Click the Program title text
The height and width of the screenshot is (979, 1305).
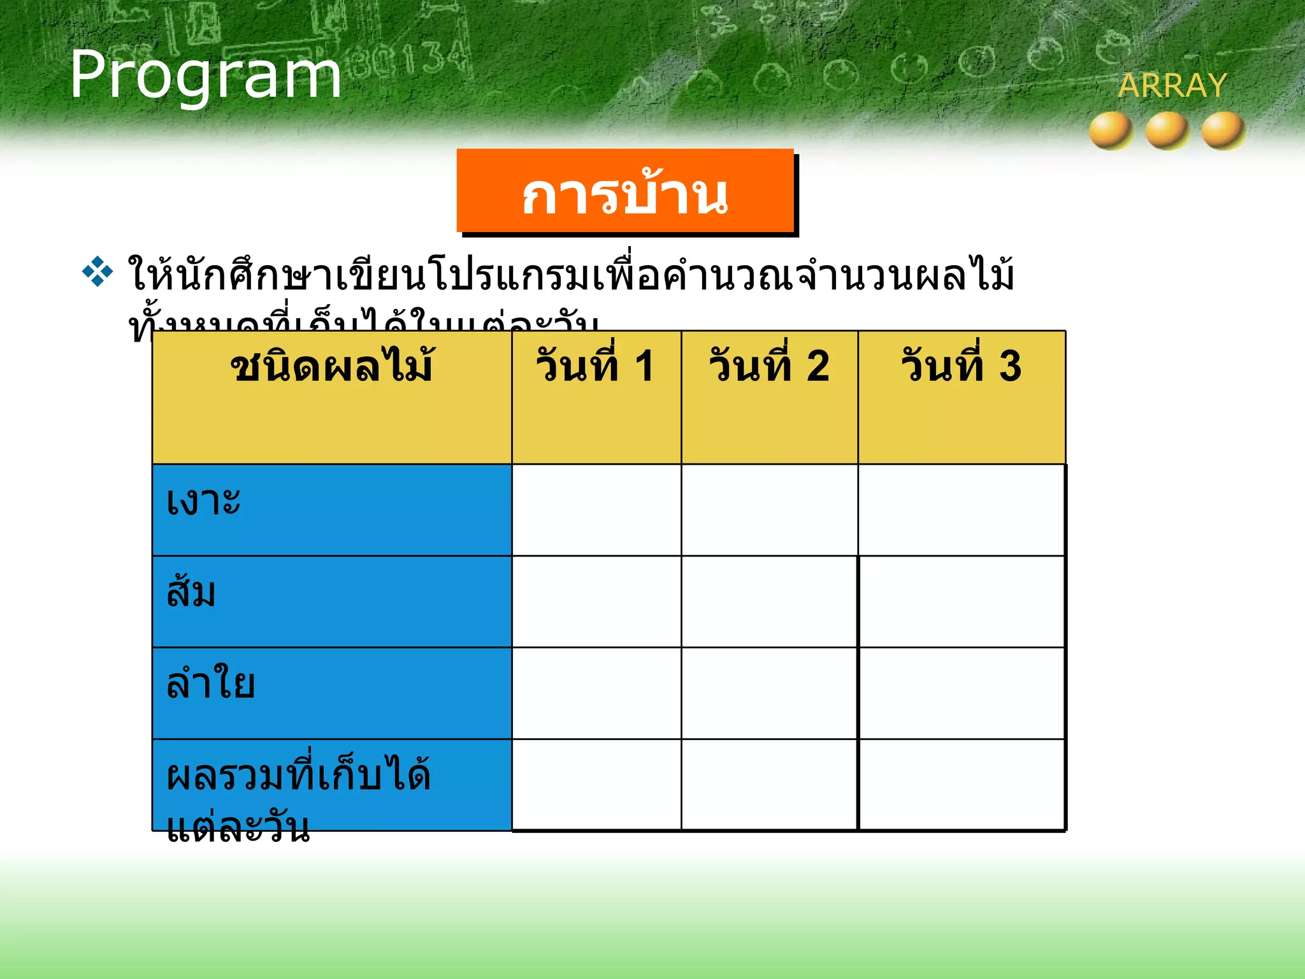tap(205, 75)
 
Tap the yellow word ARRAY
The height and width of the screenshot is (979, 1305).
tap(1172, 85)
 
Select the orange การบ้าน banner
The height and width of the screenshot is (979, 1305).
tap(625, 191)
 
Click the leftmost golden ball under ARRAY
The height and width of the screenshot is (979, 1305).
tap(1111, 130)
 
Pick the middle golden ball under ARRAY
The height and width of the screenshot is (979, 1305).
tap(1167, 130)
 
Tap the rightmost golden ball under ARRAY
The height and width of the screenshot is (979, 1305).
tap(1223, 130)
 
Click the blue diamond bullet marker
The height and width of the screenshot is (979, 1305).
tap(97, 272)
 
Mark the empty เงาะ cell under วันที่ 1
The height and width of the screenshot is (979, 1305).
tap(596, 509)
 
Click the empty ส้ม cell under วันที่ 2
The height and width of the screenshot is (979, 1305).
tap(769, 601)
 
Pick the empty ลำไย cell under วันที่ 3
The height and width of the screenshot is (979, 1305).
tap(961, 693)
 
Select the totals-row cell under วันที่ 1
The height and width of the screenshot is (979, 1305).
tap(596, 785)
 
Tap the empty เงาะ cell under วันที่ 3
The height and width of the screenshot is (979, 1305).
tap(961, 509)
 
